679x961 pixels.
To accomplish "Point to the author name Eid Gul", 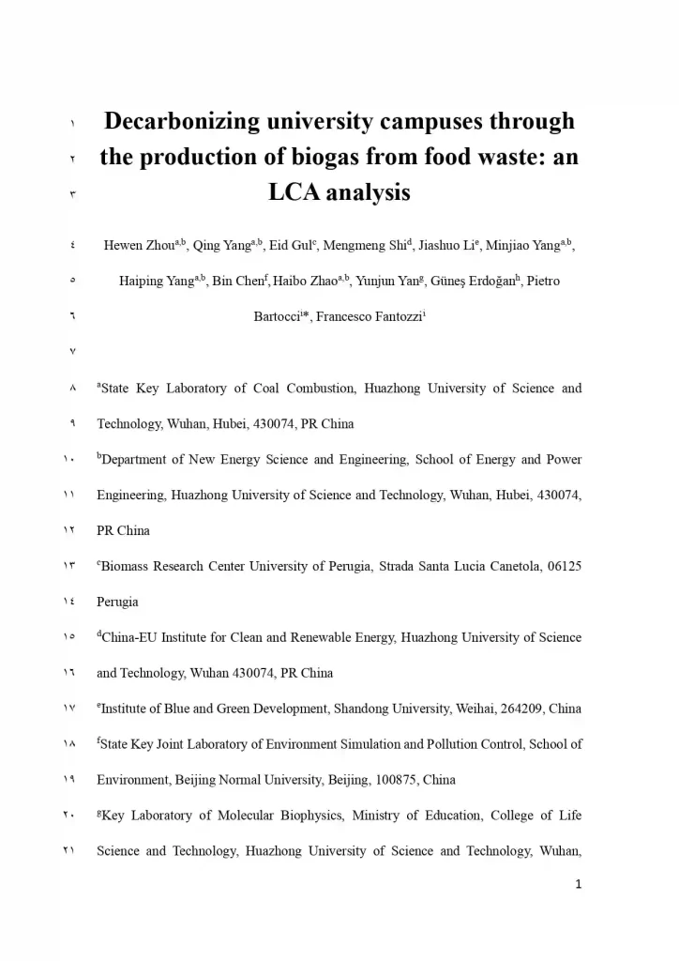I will [x=291, y=246].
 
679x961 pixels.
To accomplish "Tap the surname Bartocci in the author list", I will [x=278, y=317].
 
